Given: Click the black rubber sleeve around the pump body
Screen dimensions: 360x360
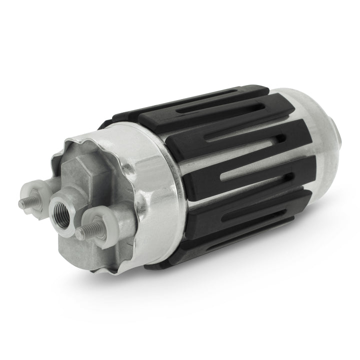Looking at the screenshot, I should [x=225, y=165].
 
